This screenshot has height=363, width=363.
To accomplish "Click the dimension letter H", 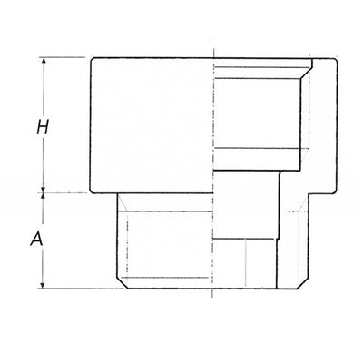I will [x=40, y=126].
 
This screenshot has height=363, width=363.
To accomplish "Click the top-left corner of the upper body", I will [x=91, y=56].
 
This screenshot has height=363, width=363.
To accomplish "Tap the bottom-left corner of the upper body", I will [x=91, y=191].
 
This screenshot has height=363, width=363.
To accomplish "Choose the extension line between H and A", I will [x=64, y=191].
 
